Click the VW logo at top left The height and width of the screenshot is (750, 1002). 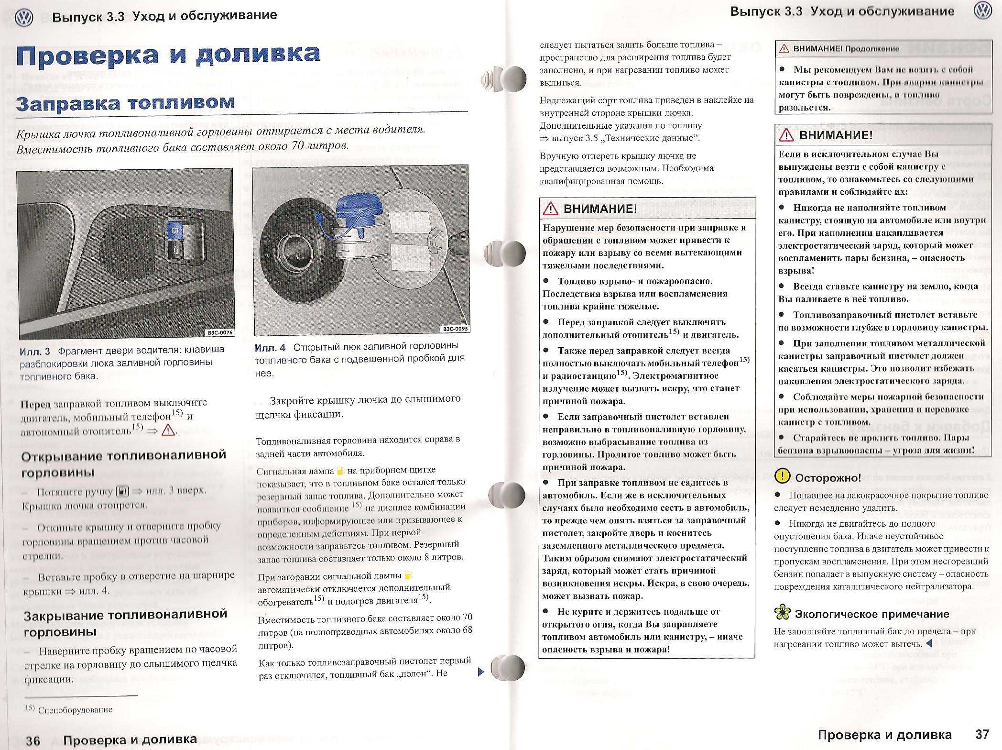[x=23, y=18]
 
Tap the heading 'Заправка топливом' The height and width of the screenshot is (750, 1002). [x=125, y=103]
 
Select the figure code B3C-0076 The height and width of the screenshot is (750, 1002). [x=219, y=332]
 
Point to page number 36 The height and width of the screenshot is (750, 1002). [x=33, y=741]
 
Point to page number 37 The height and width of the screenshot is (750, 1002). [x=982, y=734]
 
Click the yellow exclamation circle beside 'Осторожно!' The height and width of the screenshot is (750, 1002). [x=783, y=476]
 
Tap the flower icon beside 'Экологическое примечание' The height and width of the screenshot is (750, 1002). [x=782, y=612]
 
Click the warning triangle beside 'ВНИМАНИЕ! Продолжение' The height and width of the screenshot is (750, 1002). [x=784, y=49]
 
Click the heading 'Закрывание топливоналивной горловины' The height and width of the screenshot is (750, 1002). [x=125, y=622]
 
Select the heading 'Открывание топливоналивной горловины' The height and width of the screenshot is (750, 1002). [x=123, y=463]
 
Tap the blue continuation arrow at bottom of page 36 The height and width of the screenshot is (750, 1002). [x=481, y=672]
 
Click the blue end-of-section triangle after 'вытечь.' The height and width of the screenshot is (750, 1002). [x=929, y=644]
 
